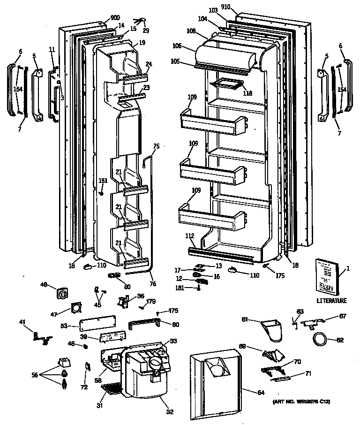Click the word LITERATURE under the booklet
pos(332,301)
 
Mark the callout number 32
pos(169,412)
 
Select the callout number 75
pos(156,146)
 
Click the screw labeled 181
pos(199,287)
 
